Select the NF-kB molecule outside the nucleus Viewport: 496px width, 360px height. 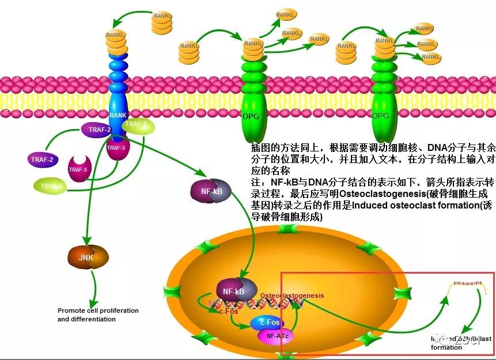(x=211, y=191)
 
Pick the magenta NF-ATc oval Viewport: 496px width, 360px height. (x=277, y=335)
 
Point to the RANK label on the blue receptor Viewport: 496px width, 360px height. (x=118, y=115)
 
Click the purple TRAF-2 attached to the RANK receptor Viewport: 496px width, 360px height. (x=100, y=130)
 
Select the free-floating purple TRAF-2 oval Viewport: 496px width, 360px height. (x=43, y=159)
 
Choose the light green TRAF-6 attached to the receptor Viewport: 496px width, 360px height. (x=137, y=126)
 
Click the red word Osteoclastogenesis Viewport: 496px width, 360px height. (x=291, y=295)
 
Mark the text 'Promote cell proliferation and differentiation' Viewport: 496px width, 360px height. (x=98, y=315)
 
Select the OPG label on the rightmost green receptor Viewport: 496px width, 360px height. (x=380, y=116)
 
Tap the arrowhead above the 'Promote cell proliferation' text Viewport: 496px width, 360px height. (x=94, y=297)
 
